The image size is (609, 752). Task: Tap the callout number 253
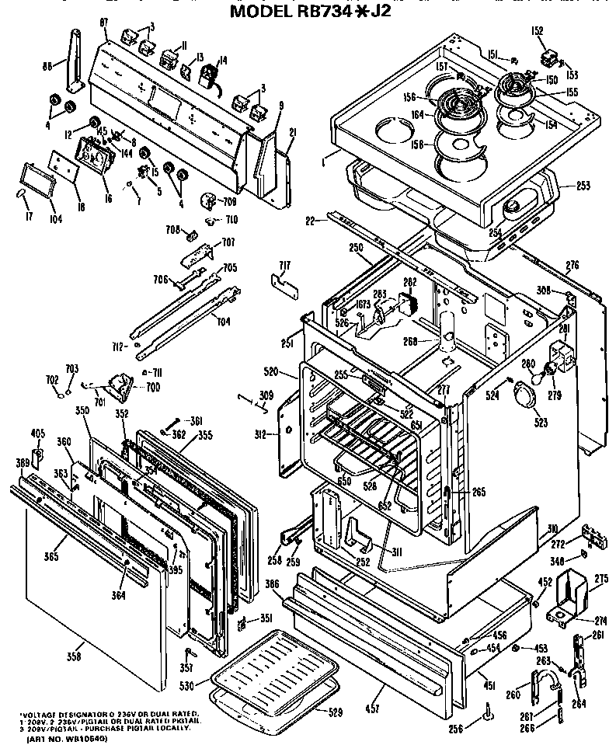tap(584, 186)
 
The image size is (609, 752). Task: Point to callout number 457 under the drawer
tap(375, 708)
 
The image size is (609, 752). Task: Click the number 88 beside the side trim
tap(47, 67)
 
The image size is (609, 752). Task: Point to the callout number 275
tap(601, 578)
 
